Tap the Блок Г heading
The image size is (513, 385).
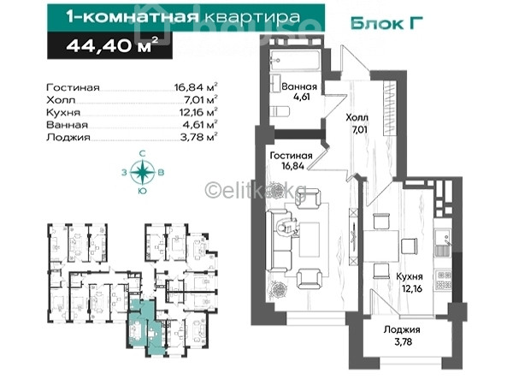(386, 23)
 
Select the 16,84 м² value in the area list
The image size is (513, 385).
(196, 87)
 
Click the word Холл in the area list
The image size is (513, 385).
(61, 100)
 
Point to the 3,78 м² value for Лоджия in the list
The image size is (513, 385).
(199, 137)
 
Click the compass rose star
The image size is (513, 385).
(143, 172)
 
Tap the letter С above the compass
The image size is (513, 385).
(142, 153)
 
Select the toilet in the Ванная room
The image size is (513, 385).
(280, 111)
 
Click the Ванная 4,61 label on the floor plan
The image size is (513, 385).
(299, 92)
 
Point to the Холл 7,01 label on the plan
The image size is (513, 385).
(357, 123)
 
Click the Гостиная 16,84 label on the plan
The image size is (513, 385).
(292, 161)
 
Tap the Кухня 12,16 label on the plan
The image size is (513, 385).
(409, 282)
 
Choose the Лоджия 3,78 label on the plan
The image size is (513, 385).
(403, 335)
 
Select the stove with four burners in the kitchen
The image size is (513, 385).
(443, 281)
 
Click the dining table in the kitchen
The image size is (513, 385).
(380, 246)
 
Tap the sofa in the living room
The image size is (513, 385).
(279, 240)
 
